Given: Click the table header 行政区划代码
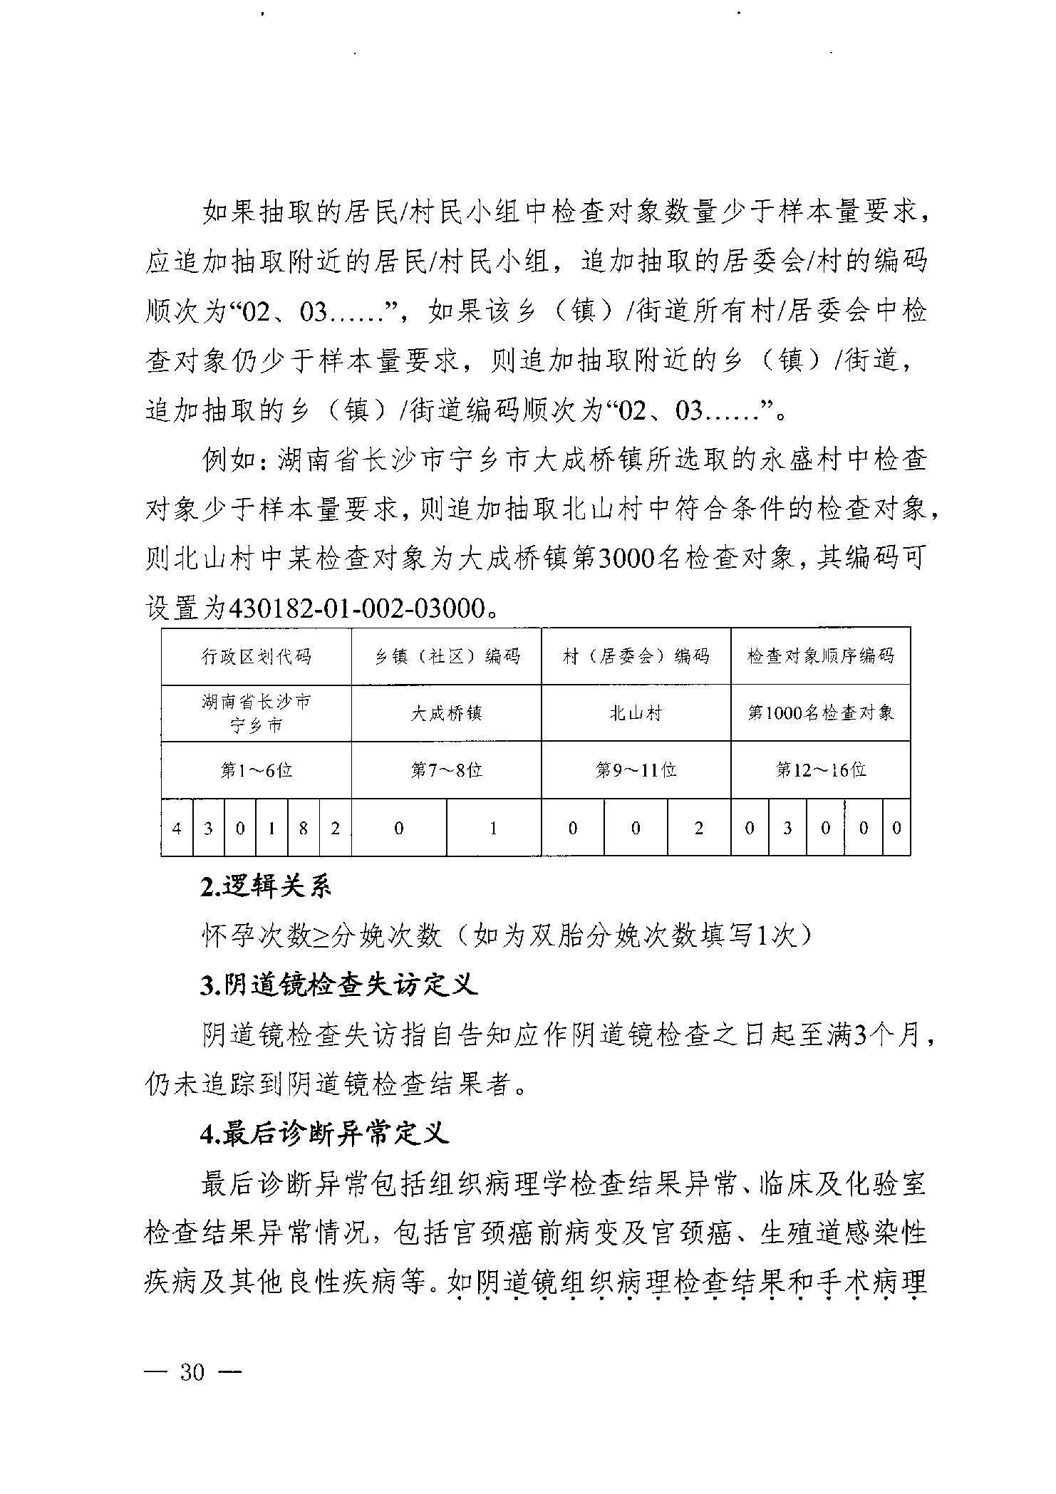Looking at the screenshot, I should pyautogui.click(x=256, y=656).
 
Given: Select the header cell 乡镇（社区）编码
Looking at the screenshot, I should pyautogui.click(x=447, y=656).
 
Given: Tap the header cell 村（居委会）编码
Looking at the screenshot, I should pyautogui.click(x=636, y=656).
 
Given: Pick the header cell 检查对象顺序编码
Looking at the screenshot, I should pyautogui.click(x=820, y=656).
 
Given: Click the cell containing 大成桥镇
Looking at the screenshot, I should pyautogui.click(x=447, y=713).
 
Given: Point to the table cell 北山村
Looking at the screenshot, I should pyautogui.click(x=636, y=713).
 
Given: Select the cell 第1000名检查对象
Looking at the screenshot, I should pyautogui.click(x=820, y=713).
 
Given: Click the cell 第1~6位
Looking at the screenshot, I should pyautogui.click(x=256, y=770).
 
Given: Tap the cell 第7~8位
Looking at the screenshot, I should pyautogui.click(x=447, y=770).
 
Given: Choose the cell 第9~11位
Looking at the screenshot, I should pyautogui.click(x=636, y=770).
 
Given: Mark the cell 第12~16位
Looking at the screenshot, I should pyautogui.click(x=820, y=770).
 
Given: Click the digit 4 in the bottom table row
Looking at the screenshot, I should pyautogui.click(x=177, y=828).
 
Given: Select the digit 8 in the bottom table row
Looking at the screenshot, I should pyautogui.click(x=304, y=828).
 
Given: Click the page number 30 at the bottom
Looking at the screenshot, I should pyautogui.click(x=192, y=1372).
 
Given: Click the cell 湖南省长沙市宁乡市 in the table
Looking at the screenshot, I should pyautogui.click(x=256, y=713).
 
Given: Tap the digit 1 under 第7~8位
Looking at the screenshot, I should pyautogui.click(x=493, y=828).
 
